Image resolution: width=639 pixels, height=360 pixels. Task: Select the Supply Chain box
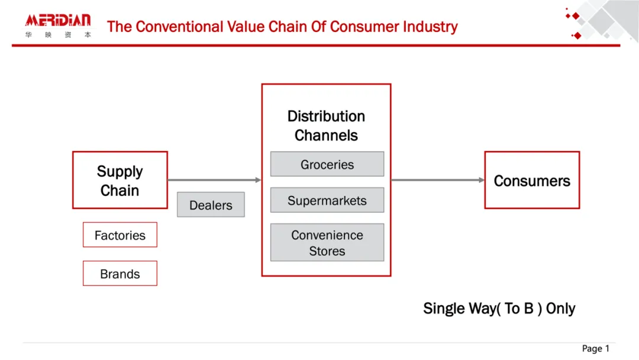[120, 180]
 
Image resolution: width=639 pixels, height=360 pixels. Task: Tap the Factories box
[120, 235]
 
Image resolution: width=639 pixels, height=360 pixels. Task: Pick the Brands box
[120, 274]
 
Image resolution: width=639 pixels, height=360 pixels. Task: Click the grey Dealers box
[211, 205]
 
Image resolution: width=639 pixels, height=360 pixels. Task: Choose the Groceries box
[327, 164]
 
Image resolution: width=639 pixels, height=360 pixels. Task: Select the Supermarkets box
[327, 200]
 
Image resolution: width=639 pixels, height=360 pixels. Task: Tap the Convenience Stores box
[327, 243]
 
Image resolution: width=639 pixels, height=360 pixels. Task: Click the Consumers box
[532, 180]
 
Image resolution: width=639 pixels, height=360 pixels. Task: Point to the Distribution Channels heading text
[326, 126]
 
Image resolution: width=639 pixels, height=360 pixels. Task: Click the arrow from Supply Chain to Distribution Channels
[214, 180]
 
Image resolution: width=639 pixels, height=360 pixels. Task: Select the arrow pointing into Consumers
[438, 180]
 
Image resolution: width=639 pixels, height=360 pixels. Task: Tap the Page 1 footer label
[595, 349]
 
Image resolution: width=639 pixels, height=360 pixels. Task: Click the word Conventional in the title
[179, 27]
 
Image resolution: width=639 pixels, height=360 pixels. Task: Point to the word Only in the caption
[560, 308]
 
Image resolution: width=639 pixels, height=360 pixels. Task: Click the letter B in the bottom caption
[528, 308]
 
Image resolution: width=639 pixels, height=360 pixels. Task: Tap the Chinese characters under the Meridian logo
[58, 35]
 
